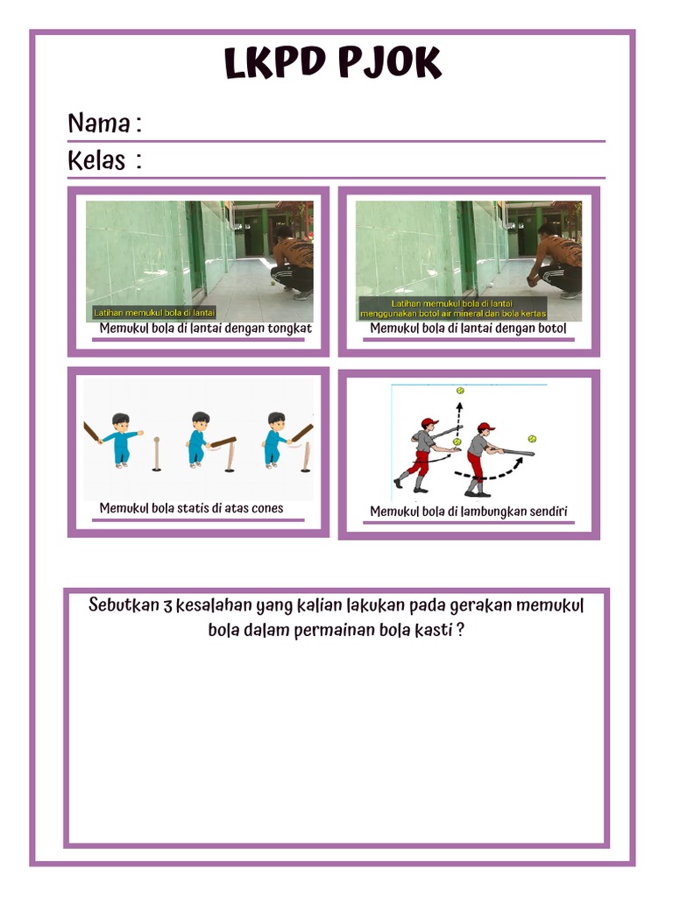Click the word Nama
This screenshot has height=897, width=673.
click(x=99, y=124)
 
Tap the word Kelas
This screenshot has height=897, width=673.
click(x=96, y=161)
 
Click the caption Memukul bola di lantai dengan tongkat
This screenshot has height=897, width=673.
click(x=205, y=328)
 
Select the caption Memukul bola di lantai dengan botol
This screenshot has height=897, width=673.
click(x=468, y=328)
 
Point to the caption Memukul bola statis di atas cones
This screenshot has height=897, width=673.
click(x=191, y=508)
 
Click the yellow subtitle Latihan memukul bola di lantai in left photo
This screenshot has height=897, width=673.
click(x=154, y=313)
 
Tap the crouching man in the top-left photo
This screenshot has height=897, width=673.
click(x=294, y=261)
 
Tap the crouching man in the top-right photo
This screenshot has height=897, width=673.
click(x=558, y=261)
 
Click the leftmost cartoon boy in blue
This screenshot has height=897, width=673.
click(x=119, y=439)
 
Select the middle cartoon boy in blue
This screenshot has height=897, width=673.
click(x=199, y=439)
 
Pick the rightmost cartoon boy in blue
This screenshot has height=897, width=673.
click(x=275, y=439)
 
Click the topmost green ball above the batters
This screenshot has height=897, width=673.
click(x=459, y=391)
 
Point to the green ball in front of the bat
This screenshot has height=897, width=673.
click(x=531, y=438)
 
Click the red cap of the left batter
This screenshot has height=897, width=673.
click(x=429, y=423)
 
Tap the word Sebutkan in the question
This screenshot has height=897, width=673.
click(x=124, y=606)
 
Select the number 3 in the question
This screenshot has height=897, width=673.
click(x=167, y=606)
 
